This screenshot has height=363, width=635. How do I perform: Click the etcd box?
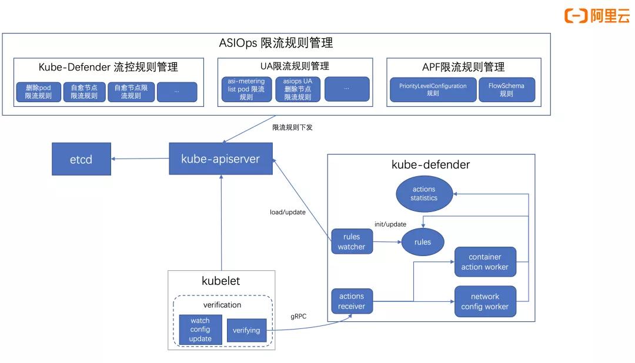coord(81,159)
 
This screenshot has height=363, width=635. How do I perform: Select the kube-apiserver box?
coord(220,159)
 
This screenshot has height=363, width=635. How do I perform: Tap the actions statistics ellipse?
coord(424,193)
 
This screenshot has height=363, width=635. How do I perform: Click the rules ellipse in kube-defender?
coord(422,241)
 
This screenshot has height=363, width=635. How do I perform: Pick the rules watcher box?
coord(351,241)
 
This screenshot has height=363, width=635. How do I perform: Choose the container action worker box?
coord(484,262)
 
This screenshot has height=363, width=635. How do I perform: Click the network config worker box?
coord(484,301)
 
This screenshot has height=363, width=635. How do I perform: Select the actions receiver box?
coord(351,301)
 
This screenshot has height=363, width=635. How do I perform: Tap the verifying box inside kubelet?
coord(246,330)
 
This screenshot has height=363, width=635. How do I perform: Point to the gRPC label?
coord(299,316)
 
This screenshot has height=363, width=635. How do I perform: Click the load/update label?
coord(283,212)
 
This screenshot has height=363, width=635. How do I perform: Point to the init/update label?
coord(390,224)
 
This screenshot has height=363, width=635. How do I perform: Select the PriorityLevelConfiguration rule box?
coord(432,89)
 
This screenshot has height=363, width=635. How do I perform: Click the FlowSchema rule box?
coord(506,89)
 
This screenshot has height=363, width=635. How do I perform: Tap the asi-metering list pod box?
coord(246,89)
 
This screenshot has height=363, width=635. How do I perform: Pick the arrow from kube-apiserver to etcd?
coord(141,159)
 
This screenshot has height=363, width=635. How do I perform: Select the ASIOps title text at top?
coord(276,43)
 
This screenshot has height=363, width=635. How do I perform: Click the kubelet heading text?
coord(220,281)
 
